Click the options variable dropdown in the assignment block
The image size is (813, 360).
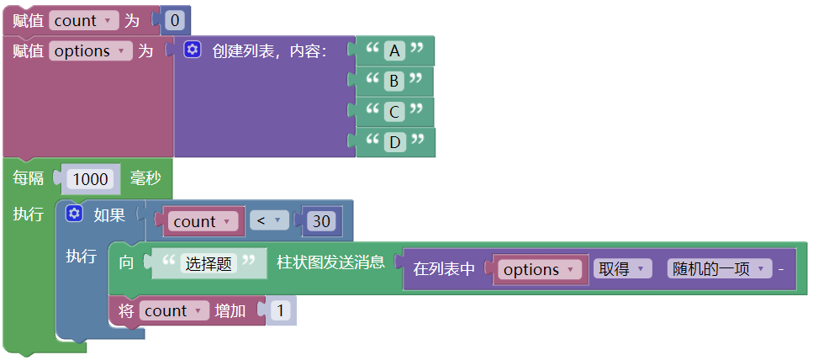pos(90,51)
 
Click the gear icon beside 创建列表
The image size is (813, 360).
pos(193,50)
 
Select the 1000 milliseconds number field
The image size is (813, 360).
pos(91,179)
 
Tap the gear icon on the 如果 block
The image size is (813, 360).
pos(74,214)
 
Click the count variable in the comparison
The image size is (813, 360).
pos(201,221)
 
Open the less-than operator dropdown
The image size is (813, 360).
pos(268,221)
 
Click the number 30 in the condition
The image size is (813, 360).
pos(321,221)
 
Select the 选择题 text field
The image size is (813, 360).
pos(209,263)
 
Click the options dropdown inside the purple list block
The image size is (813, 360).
pos(539,269)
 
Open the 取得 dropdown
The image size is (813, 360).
pos(621,269)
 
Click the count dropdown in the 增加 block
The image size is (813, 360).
pos(174,311)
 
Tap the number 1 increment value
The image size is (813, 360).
pos(281,311)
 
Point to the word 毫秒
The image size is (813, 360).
pos(146,179)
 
